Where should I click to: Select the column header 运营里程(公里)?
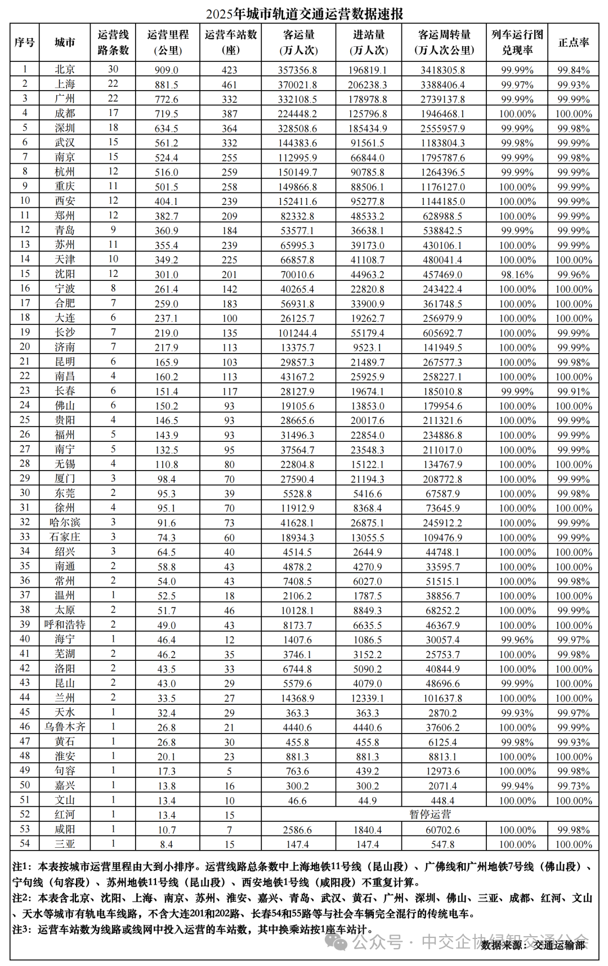[168, 42]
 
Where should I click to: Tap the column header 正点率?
[573, 42]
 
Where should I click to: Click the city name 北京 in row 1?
[65, 69]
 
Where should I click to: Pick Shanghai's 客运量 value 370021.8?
[297, 84]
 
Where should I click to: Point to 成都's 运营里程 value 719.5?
[167, 114]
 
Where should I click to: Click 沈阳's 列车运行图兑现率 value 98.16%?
[517, 275]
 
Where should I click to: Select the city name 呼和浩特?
[65, 625]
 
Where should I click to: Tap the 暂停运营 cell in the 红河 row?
[430, 815]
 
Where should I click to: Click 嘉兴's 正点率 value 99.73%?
[573, 786]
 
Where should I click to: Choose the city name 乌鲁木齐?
[65, 727]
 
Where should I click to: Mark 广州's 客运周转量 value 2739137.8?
[442, 99]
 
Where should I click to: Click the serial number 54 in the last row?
[24, 844]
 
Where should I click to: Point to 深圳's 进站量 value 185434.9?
[368, 128]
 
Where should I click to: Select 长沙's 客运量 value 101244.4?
[297, 333]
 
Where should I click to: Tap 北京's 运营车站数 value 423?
[230, 70]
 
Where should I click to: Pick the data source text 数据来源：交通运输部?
[533, 945]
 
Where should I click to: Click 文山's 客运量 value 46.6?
[297, 800]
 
